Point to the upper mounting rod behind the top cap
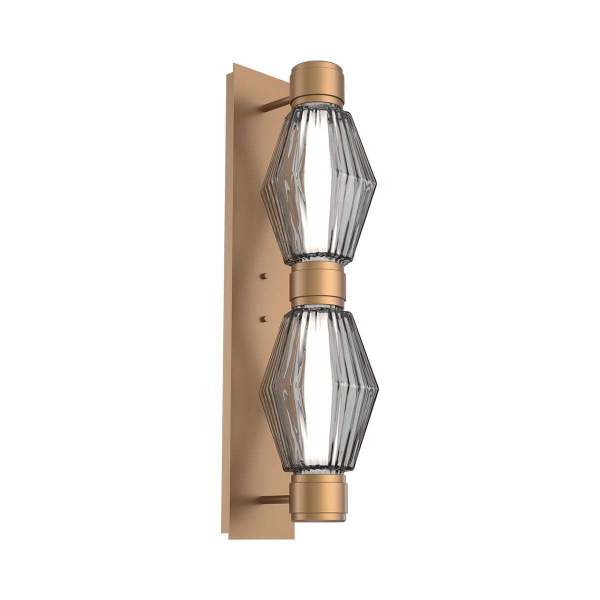tap(276, 104)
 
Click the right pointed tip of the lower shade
tap(378, 393)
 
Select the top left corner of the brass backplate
tap(233, 64)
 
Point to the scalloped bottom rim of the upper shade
tap(318, 260)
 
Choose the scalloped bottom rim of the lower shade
tap(317, 469)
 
